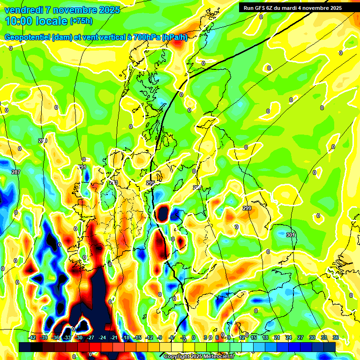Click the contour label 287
(x=16, y=172)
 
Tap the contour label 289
(x=43, y=141)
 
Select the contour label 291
(x=82, y=167)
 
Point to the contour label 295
(x=150, y=183)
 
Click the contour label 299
(x=247, y=208)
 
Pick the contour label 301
(x=291, y=235)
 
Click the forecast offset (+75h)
(x=81, y=21)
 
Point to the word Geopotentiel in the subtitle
(x=27, y=37)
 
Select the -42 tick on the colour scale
(x=32, y=337)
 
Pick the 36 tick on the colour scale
(x=336, y=337)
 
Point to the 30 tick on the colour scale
(x=312, y=337)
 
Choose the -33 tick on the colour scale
(x=67, y=337)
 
